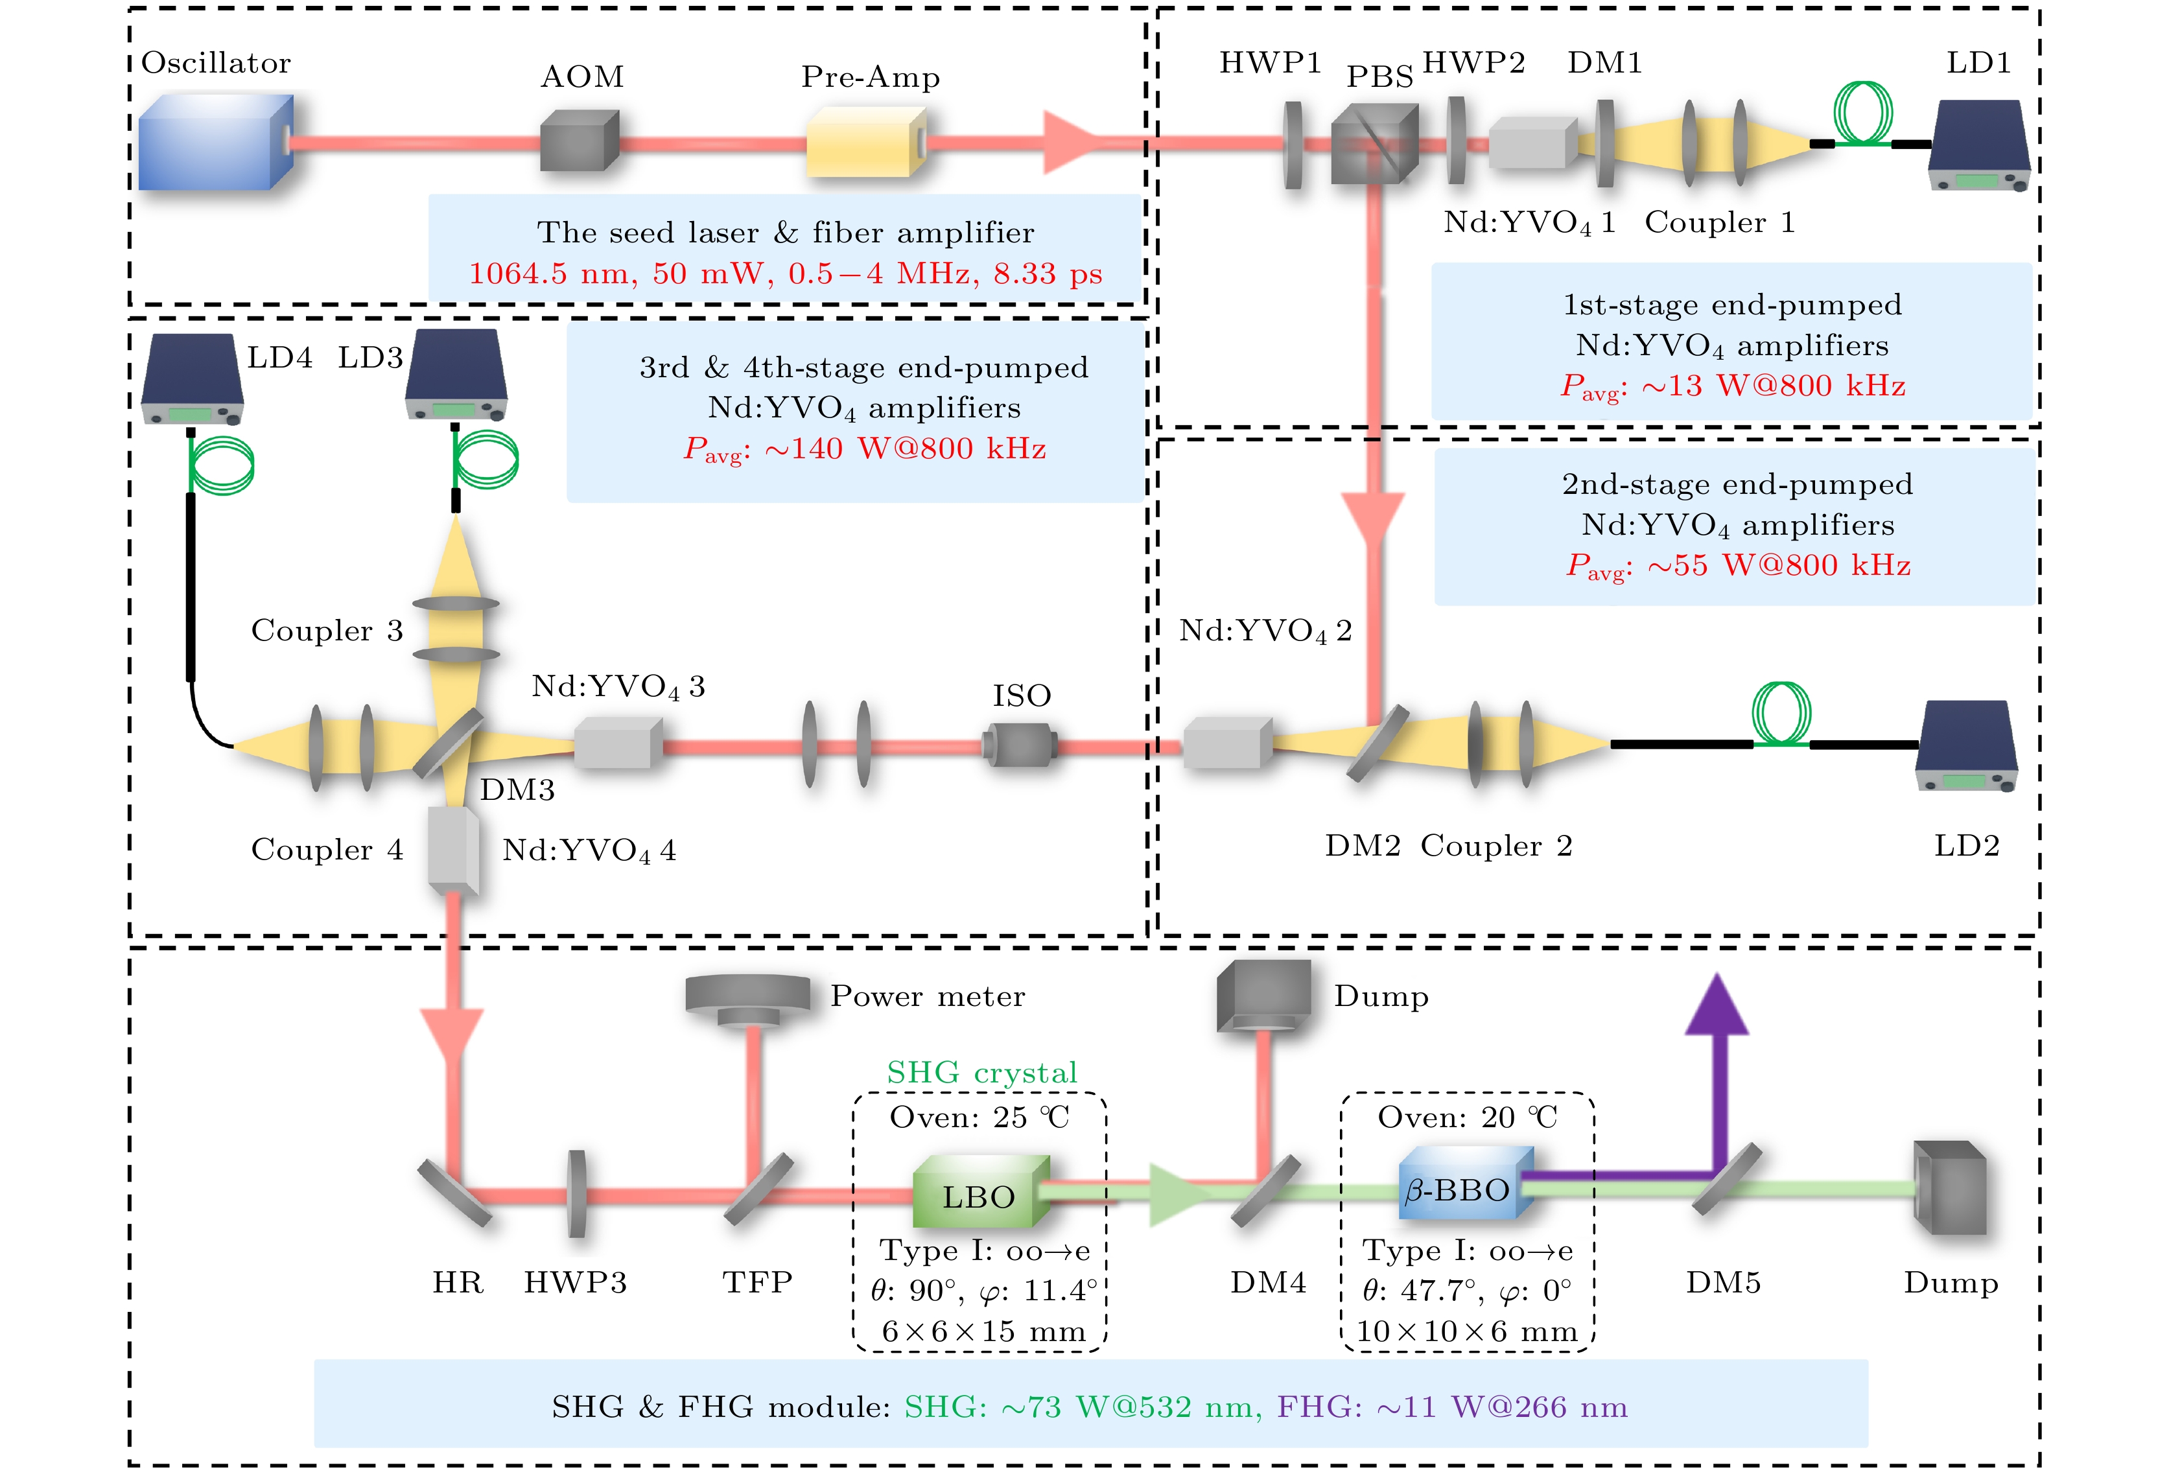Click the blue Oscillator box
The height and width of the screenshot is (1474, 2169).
coord(215,142)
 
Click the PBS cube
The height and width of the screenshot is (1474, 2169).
coord(1373,143)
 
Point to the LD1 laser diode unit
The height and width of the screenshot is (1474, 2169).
coord(1978,145)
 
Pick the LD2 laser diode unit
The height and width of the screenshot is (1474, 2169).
coord(1965,745)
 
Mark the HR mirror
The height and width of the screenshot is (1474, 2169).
coord(454,1192)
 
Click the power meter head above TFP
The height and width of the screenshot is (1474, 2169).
coord(747,1000)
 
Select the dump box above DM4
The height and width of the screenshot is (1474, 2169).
coord(1263,995)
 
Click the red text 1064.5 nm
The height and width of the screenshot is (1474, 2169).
coord(550,274)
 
